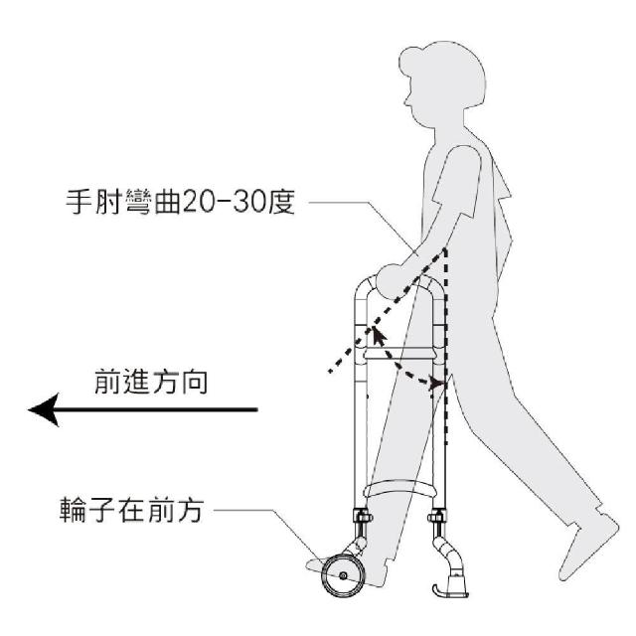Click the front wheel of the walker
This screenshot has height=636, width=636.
coord(343,575)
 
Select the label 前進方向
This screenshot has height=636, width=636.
coord(150,381)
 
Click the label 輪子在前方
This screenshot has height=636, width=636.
coord(131,510)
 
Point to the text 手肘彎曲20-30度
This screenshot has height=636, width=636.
coord(180,202)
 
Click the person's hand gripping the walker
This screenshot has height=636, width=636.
coord(393,281)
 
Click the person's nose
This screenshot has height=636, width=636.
coord(406,102)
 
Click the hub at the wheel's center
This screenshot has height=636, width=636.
coord(343,575)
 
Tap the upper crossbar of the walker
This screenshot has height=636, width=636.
coord(399,354)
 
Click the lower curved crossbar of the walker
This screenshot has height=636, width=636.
coord(399,488)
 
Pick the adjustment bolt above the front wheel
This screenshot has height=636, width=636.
coord(363,517)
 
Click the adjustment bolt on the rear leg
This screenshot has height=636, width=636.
coord(437,517)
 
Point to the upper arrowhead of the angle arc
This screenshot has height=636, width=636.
coord(378,336)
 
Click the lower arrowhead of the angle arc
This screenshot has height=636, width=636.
coord(437,384)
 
